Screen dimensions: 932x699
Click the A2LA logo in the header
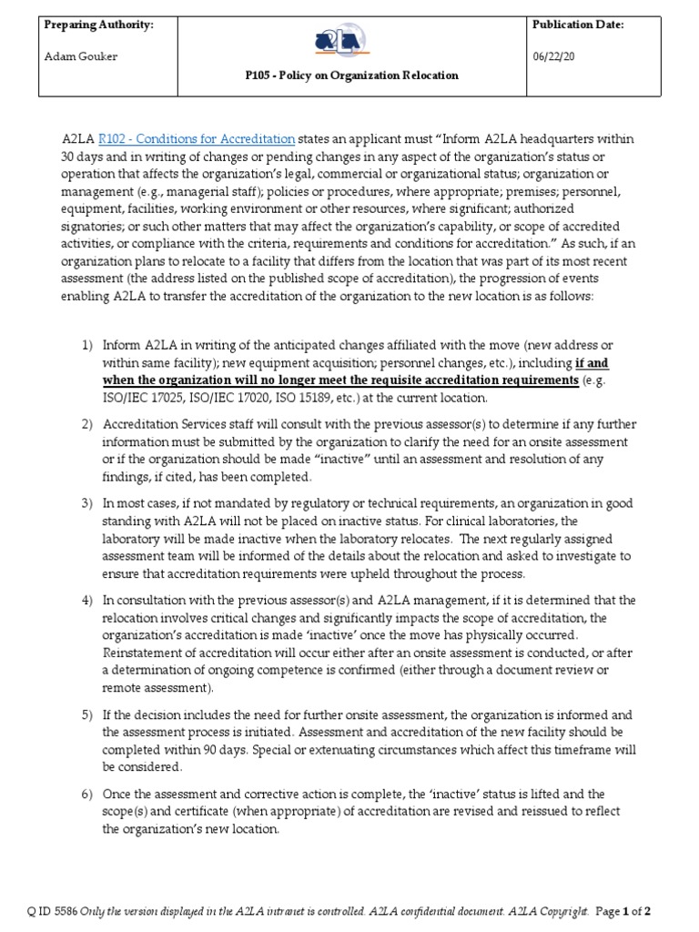coord(342,41)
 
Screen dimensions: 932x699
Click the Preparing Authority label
coord(98,25)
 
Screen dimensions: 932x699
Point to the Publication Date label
coord(578,25)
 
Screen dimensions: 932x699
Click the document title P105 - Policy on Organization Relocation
coord(342,76)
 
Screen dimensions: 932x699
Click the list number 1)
coord(87,346)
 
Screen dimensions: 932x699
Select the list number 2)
coord(87,424)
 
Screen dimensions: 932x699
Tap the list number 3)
coord(87,503)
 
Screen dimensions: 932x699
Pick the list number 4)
coord(87,600)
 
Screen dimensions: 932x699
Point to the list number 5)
coord(87,714)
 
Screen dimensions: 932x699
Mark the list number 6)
coord(87,794)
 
